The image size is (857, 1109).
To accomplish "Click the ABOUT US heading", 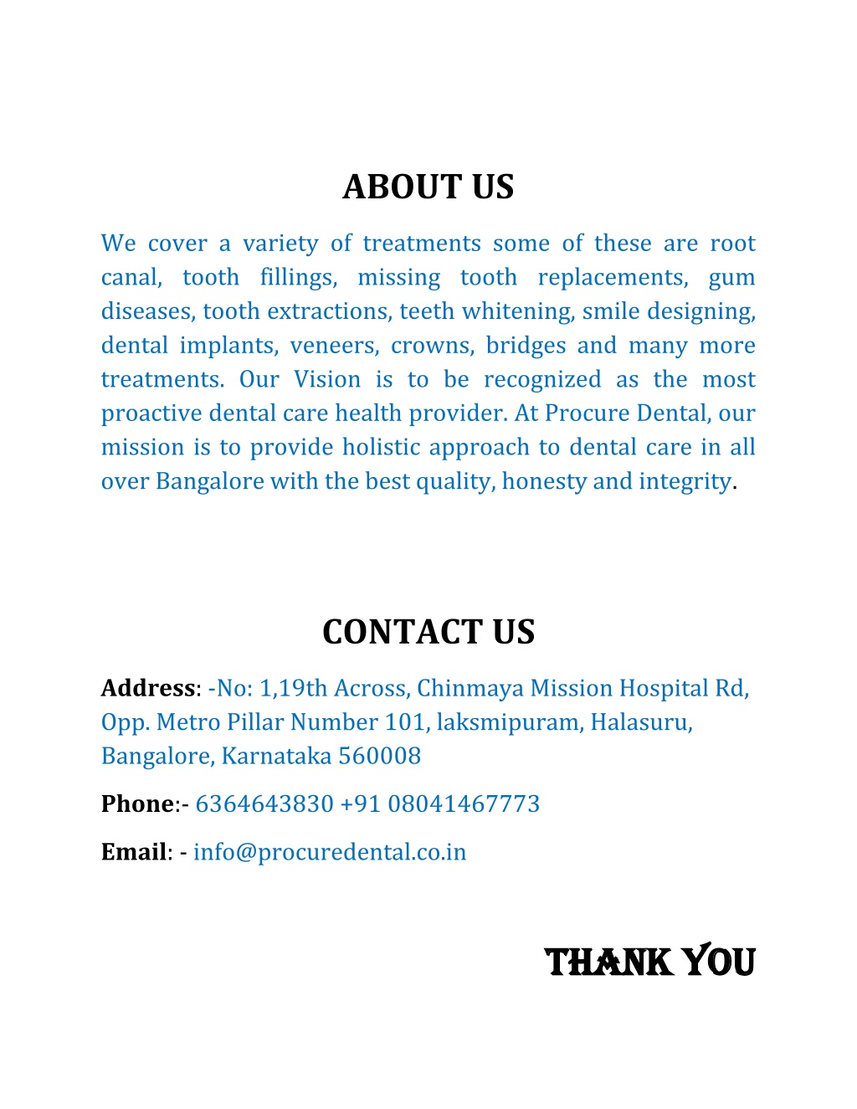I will click(428, 187).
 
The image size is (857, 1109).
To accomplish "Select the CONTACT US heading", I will click(428, 632).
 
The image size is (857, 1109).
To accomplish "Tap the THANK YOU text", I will click(649, 963).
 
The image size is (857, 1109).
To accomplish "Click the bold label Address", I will click(148, 688).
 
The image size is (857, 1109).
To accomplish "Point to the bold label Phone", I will click(137, 804).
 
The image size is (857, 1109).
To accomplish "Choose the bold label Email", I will click(134, 852).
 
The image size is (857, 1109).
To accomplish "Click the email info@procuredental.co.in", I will click(330, 852).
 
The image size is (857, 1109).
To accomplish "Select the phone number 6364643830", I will click(264, 804).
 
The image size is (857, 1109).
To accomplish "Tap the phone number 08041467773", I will click(464, 804).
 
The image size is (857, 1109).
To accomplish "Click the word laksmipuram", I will click(508, 721).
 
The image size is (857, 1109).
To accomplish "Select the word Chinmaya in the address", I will click(470, 688).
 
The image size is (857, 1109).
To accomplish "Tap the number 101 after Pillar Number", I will click(404, 721).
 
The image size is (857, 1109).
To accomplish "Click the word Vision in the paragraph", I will click(327, 379).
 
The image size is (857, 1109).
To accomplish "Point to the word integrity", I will click(685, 481).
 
